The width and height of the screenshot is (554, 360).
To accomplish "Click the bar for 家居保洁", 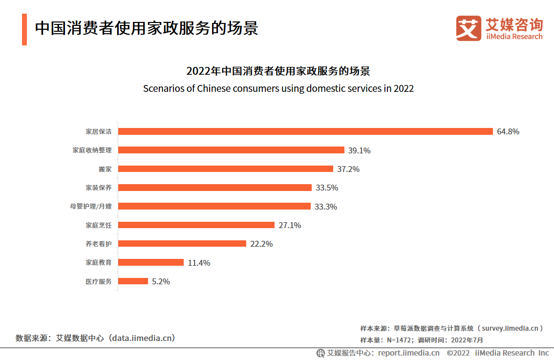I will point(305,131).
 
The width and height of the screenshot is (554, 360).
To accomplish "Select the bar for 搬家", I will point(226,169).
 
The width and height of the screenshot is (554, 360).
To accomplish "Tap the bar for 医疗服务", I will point(133,281).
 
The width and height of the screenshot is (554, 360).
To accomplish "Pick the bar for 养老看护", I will point(182,244).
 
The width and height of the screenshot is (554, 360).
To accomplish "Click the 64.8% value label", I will point(508,132).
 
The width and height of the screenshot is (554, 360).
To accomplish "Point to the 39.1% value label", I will point(360,150).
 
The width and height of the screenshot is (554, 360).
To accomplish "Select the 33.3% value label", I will point(325,207).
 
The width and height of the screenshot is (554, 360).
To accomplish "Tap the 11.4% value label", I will point(199,263).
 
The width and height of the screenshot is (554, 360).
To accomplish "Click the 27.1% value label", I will point(289,225).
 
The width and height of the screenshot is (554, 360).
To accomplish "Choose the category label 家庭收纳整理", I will point(92,150).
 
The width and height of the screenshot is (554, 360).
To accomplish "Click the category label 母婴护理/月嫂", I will point(91,207).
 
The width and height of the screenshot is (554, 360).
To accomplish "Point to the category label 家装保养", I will point(99,188).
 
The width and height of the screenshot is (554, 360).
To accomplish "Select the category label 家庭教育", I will point(99,263).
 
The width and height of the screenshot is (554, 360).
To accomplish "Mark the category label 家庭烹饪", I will point(99,225).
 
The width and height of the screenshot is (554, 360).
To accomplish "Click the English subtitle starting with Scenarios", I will point(278,88).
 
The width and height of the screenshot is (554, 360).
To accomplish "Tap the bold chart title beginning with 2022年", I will point(278,71).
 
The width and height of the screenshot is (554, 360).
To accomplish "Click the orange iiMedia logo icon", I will point(469,28).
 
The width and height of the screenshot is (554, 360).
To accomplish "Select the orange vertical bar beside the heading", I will point(24,29).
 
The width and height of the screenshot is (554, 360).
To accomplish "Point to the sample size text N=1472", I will point(398,340).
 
